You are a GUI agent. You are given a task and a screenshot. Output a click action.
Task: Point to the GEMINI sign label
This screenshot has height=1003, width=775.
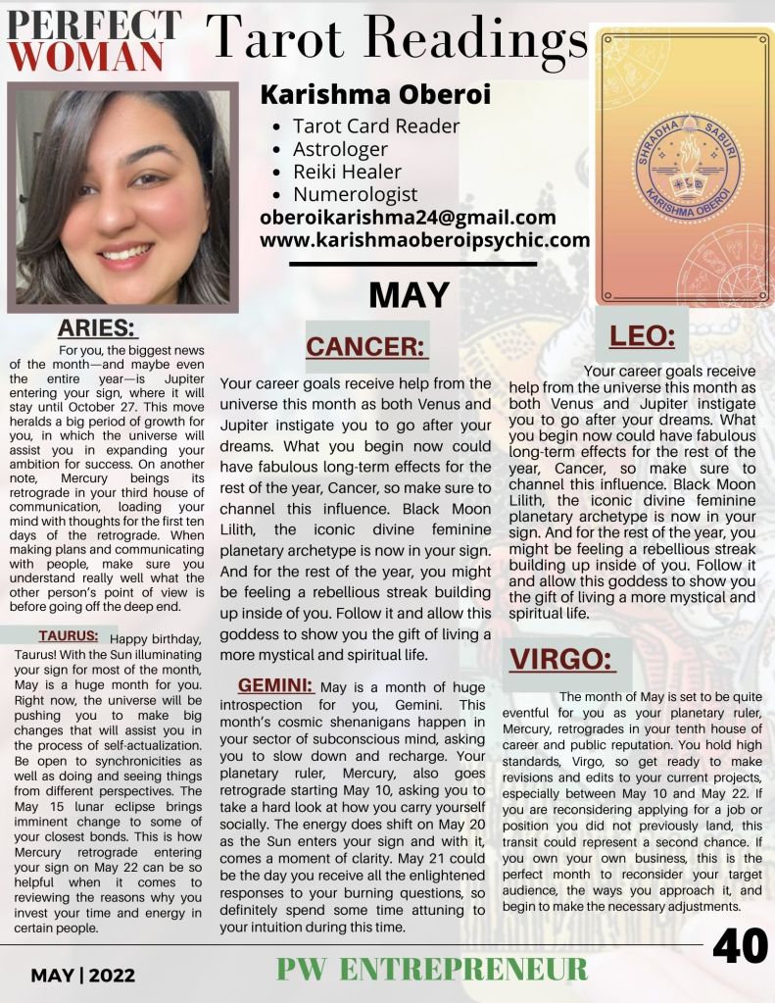pos(275,684)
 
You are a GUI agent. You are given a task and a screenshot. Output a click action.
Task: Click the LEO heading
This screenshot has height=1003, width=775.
pos(642,336)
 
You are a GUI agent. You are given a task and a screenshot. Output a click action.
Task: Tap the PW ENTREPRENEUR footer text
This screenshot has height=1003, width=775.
pos(432,970)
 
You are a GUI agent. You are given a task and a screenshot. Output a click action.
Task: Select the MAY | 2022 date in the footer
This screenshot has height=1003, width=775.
pos(82,976)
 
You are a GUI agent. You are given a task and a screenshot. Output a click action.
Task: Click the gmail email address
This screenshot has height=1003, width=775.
pos(408,218)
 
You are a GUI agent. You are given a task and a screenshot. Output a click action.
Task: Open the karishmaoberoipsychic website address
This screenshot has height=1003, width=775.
pos(424,240)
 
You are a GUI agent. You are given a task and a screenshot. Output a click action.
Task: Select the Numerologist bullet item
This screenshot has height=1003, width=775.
pos(355,194)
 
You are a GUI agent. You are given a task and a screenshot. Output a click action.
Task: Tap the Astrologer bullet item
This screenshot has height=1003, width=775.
pos(340,149)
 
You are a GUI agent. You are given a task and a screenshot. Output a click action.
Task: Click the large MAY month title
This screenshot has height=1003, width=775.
pos(410,294)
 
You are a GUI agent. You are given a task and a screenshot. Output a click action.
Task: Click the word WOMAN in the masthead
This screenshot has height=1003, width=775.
pos(88,56)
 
